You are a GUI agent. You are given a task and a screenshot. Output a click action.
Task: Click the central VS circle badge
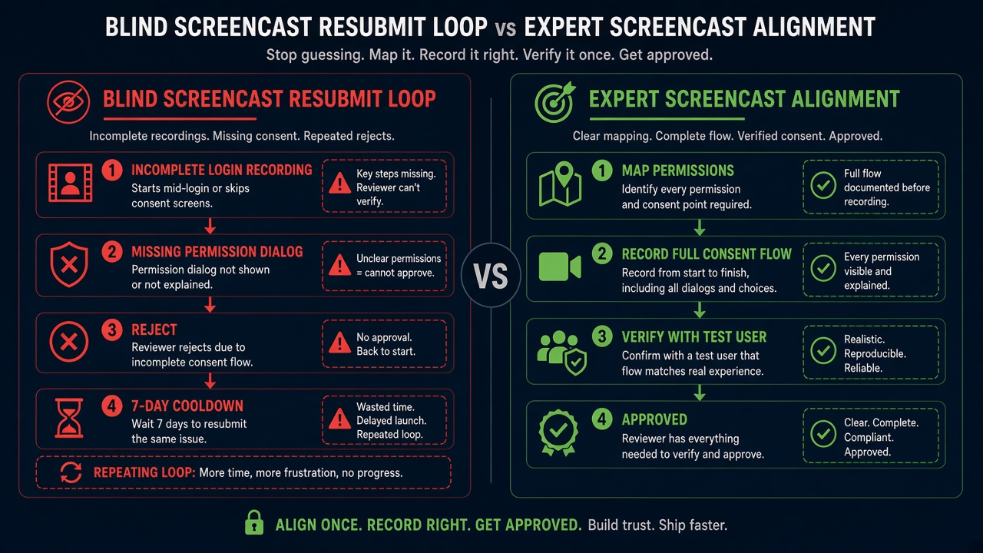(491, 275)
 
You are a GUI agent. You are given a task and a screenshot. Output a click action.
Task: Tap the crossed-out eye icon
(68, 102)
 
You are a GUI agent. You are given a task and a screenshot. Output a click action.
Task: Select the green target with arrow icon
(554, 102)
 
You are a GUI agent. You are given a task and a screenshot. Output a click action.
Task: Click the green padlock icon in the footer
(254, 522)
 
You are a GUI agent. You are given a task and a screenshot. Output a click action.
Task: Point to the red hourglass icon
(69, 418)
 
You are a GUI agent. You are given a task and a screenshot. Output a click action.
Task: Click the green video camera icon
(560, 267)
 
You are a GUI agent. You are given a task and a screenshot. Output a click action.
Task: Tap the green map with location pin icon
(560, 184)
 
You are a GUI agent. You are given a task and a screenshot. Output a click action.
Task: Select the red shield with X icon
(69, 264)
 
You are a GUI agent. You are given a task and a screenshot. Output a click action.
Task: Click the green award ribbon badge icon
(558, 432)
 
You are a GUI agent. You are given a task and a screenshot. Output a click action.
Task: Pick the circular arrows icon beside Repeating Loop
(71, 472)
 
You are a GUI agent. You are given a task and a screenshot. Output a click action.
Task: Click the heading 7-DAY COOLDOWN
(187, 406)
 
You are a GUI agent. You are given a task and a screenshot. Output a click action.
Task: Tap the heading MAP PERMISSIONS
(677, 171)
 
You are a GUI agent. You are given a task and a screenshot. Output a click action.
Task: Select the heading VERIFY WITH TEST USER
(694, 336)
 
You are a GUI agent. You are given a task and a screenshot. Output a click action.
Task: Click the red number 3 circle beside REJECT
(112, 329)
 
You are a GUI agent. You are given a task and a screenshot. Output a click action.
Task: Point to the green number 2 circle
(602, 253)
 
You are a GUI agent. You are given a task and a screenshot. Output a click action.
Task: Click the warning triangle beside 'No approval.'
(339, 343)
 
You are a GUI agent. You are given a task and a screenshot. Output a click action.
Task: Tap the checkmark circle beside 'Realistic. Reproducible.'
(823, 350)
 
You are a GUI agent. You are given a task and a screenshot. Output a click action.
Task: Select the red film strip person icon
(70, 183)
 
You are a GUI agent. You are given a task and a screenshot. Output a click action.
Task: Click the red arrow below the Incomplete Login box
(210, 226)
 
